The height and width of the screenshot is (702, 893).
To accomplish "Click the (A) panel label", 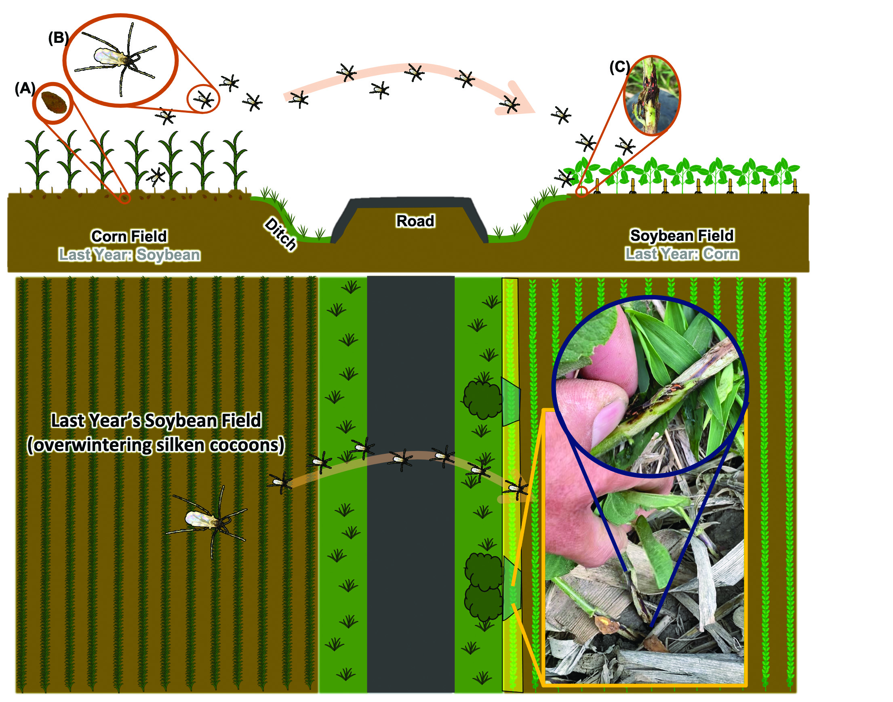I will pos(25,89).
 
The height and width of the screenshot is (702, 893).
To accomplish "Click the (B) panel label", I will pos(58,38).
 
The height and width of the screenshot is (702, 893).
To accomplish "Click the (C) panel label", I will pos(619,67).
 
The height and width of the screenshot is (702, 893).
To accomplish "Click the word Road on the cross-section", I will pos(415,221).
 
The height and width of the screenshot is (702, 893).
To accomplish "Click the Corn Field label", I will pos(129,236).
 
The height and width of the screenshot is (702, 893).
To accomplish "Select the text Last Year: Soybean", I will pos(129,255).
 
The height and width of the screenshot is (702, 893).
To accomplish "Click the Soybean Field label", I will pos(682,236).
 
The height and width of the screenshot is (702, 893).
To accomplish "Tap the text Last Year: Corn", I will pos(682,254).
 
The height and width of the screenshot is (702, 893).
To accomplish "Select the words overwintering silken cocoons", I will pos(156,445).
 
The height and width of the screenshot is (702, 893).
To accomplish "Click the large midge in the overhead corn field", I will pos(208,519).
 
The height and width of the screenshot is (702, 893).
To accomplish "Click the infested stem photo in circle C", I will pos(652,95).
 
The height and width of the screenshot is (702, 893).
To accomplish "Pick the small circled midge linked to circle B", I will pos(204,99).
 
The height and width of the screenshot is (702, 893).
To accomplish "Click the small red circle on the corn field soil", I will pos(125,198).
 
